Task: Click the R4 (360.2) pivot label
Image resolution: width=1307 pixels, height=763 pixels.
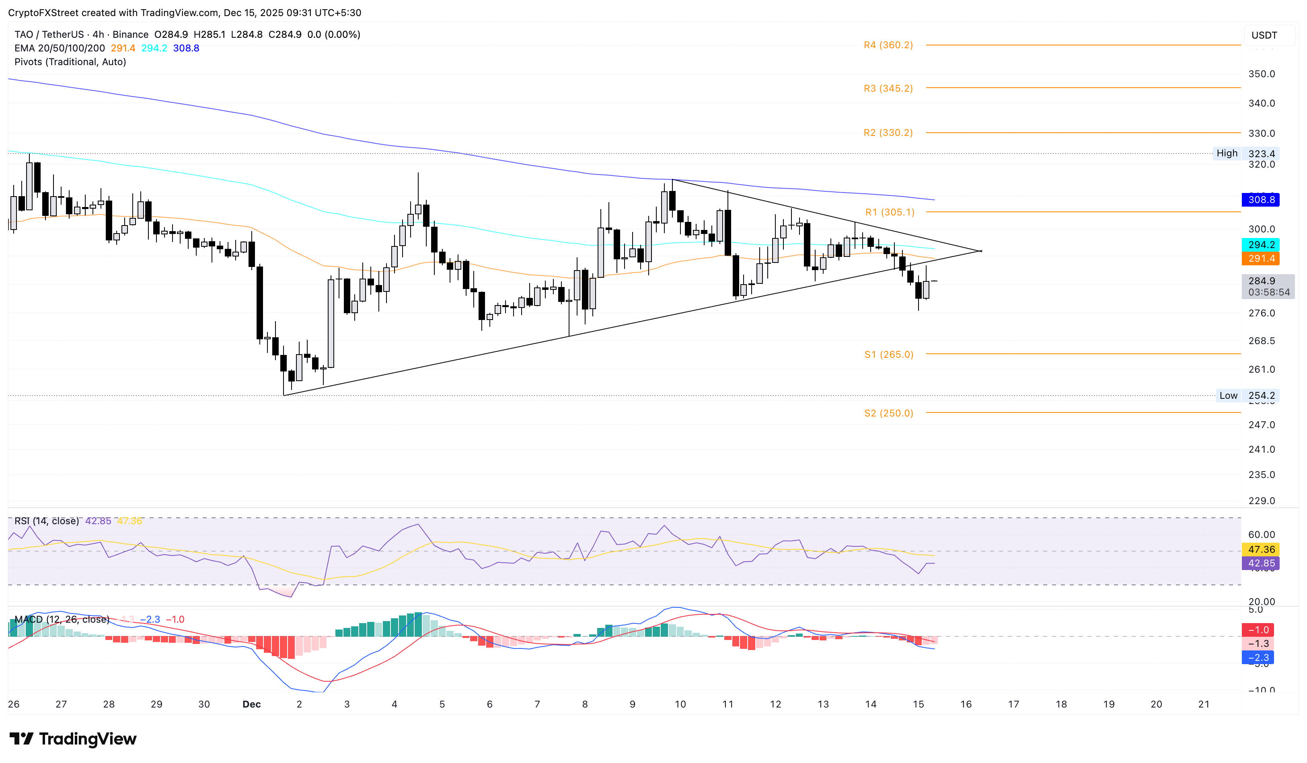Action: [x=888, y=45]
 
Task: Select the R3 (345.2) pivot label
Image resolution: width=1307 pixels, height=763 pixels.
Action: [x=888, y=88]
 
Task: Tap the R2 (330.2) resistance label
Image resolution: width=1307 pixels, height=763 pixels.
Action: [x=888, y=133]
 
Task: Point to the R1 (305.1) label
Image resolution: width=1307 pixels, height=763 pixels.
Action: [x=890, y=212]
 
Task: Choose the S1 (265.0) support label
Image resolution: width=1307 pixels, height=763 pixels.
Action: [x=888, y=355]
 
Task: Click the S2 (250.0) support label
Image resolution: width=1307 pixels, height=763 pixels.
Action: [x=888, y=413]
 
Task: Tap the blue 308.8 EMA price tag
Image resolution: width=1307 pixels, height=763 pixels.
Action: [x=1261, y=199]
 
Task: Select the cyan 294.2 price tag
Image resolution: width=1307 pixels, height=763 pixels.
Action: [x=1261, y=245]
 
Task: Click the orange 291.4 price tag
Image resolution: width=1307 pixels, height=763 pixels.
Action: [x=1261, y=258]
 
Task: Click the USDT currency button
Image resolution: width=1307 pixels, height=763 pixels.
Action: [x=1264, y=35]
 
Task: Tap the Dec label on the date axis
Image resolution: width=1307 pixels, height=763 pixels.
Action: [x=251, y=704]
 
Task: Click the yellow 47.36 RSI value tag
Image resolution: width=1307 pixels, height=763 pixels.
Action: [x=1261, y=550]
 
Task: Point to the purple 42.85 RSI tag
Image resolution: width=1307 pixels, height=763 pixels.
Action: [x=1261, y=564]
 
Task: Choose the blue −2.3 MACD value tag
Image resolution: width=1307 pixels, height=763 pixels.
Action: [x=1258, y=658]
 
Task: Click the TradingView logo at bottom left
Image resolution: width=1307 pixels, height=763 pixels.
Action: [x=73, y=738]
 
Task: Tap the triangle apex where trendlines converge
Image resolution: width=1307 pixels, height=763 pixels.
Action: [x=981, y=251]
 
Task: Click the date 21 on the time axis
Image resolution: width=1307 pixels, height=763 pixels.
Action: [x=1204, y=704]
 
